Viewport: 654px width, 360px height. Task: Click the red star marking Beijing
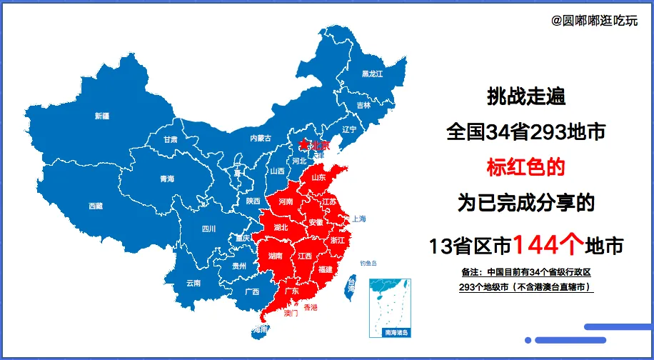[303, 145]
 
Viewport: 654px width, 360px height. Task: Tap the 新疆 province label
[102, 116]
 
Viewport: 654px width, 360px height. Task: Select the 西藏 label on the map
[96, 206]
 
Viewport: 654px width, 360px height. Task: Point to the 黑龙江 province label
[372, 74]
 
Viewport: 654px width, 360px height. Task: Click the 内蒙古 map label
[261, 139]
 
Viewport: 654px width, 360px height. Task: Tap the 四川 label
[208, 229]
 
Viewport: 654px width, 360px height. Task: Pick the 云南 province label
[193, 282]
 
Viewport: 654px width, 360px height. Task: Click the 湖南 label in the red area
[275, 255]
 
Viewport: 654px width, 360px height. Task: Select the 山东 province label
[318, 177]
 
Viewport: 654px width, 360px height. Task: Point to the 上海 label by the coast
[358, 219]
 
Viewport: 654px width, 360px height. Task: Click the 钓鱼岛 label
[369, 263]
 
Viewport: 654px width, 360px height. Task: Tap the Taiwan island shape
[351, 286]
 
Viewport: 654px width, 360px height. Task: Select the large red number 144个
[548, 245]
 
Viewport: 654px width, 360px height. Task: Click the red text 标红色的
[525, 167]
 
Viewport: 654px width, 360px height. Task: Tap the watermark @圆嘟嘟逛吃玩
[595, 21]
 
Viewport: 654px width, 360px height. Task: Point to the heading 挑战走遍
[526, 94]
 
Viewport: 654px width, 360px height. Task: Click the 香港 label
[311, 307]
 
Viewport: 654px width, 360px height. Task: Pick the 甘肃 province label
[170, 139]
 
